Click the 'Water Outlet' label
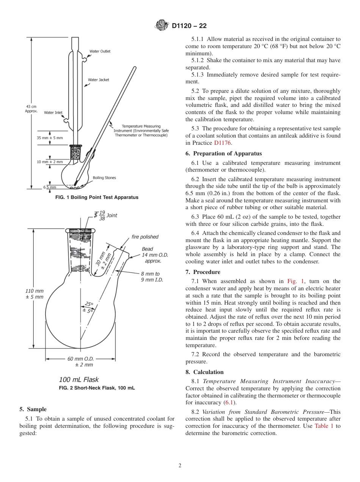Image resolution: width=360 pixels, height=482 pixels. coord(100,52)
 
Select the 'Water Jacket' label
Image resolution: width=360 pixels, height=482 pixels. coord(98,80)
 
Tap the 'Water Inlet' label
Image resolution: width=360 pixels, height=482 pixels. coord(53,113)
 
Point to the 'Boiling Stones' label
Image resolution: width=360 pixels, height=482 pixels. coord(104,178)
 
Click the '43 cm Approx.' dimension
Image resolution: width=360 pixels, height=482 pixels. coord(31,109)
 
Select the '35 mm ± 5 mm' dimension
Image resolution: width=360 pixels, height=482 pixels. coord(50,138)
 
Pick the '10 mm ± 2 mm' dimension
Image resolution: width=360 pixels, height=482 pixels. coord(50,162)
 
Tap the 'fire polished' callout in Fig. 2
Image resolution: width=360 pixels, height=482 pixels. coord(145,237)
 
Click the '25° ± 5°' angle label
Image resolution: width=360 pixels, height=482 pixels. coord(88,307)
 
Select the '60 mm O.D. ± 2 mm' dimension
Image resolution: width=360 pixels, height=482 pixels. coord(80,361)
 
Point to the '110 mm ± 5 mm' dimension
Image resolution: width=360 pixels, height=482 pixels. coord(34,294)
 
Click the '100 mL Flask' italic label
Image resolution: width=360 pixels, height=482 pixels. coord(79,379)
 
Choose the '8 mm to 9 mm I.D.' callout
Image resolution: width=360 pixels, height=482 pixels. coord(150,277)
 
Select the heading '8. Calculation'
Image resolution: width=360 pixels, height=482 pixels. coord(204,372)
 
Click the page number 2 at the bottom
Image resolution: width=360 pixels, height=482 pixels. coord(180,466)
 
